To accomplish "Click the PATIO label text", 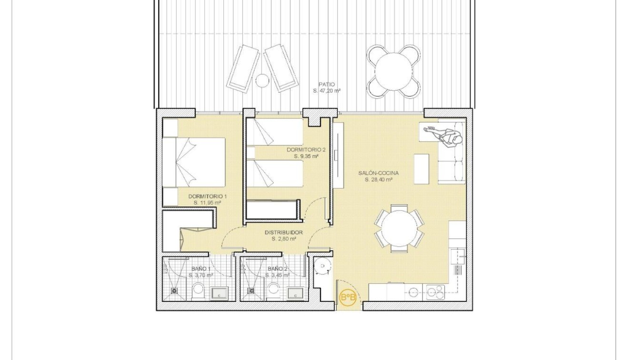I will click(327, 84).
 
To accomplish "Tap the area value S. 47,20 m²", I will click(327, 90).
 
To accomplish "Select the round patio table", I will click(393, 71).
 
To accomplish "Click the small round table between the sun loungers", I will click(262, 80).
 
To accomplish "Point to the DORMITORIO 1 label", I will click(208, 196).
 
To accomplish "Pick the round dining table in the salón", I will click(399, 228).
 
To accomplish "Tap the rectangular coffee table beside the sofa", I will click(421, 169).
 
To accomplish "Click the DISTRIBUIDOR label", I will click(284, 232).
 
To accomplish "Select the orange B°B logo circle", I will click(348, 298).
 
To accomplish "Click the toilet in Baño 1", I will click(198, 290).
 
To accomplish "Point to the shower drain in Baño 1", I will click(174, 290).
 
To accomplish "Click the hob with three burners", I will click(434, 291).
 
